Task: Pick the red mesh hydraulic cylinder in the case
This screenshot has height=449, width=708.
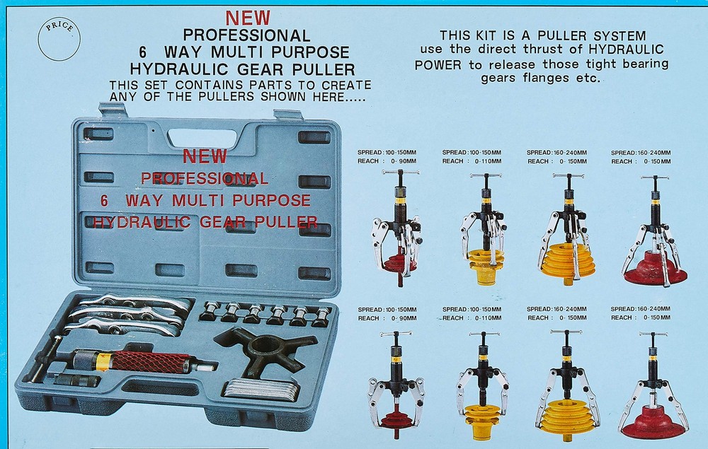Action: [x=146, y=364]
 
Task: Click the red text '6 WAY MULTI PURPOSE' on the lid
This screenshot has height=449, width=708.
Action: [x=205, y=199]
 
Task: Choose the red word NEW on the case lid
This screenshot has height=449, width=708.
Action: [x=205, y=156]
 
